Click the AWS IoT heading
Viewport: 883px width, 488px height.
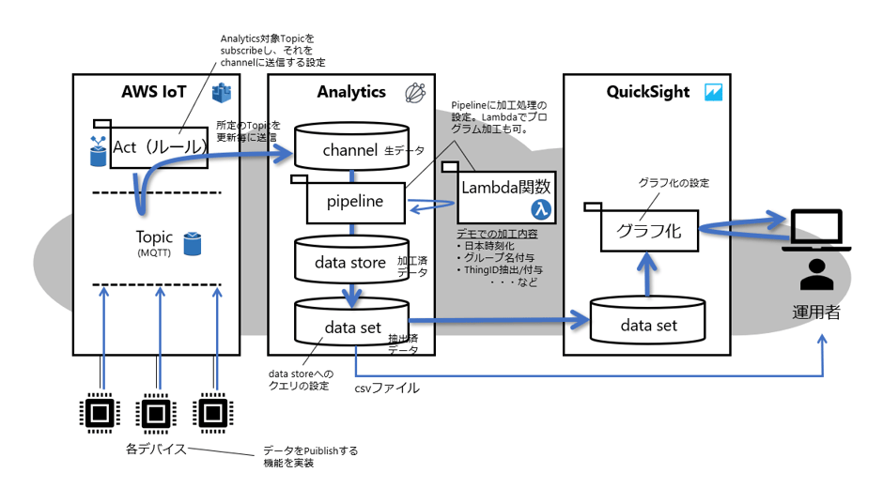(154, 92)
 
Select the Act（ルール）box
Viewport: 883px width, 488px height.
(160, 147)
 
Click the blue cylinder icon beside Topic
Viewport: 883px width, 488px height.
(193, 243)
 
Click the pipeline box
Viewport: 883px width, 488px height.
(354, 201)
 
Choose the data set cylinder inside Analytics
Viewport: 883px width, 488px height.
(352, 327)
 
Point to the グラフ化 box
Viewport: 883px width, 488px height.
(648, 228)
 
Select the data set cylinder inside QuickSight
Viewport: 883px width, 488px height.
(648, 324)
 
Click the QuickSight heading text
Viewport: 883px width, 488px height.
(647, 92)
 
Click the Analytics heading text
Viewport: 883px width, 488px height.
(350, 92)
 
